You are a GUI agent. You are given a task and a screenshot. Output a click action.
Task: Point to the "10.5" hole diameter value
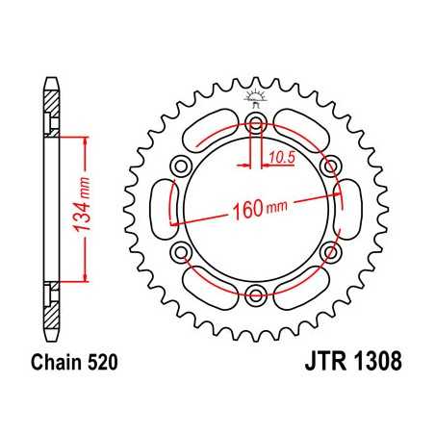click(x=280, y=157)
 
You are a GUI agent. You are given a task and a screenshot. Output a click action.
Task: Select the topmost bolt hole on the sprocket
click(x=255, y=123)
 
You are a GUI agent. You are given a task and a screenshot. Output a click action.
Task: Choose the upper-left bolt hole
click(x=181, y=166)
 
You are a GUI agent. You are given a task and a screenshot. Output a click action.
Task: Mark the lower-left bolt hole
click(x=181, y=252)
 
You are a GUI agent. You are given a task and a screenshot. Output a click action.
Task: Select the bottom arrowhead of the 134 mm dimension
click(x=89, y=278)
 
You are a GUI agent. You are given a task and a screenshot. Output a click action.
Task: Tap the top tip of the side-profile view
click(x=46, y=76)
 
